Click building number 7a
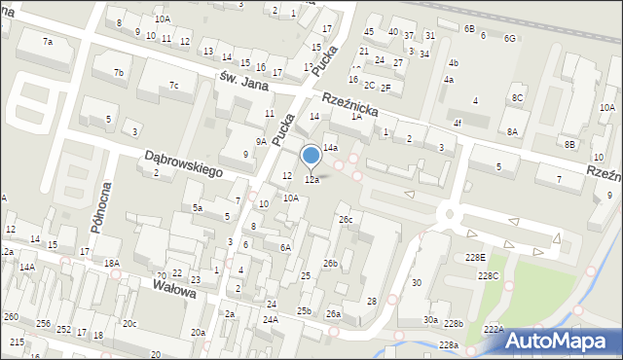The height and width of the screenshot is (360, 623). (x=47, y=42)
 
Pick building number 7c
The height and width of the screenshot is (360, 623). (x=173, y=86)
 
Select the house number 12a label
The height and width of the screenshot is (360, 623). (x=311, y=180)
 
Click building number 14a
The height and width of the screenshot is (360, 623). (x=331, y=147)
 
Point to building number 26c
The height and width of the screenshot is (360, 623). (x=346, y=220)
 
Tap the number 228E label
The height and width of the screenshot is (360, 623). (x=475, y=257)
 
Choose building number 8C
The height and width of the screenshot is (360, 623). (x=518, y=98)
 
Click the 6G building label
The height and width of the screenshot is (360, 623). (x=509, y=38)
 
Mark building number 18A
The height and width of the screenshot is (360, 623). (x=112, y=264)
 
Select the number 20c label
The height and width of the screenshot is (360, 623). (x=128, y=323)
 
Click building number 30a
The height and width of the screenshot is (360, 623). (x=429, y=319)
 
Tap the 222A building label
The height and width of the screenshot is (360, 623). (x=495, y=331)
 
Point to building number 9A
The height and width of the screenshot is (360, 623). (x=261, y=142)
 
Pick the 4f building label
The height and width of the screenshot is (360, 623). (x=457, y=124)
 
